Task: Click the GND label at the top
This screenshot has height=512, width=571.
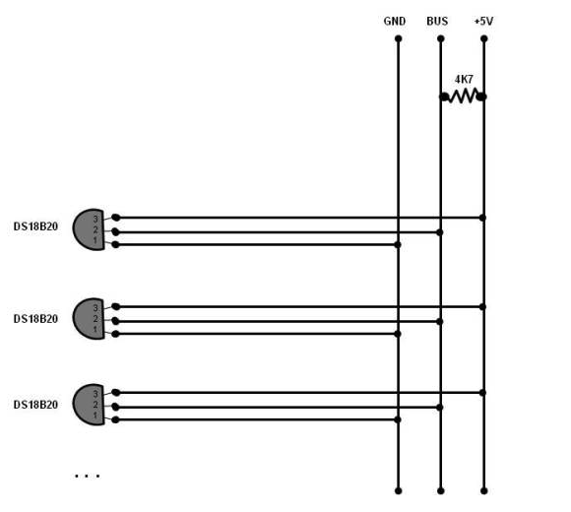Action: [x=395, y=21]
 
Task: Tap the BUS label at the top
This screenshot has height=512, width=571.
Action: [x=437, y=21]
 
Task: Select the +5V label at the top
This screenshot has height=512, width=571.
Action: [x=483, y=21]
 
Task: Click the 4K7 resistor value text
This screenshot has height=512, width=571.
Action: [x=464, y=79]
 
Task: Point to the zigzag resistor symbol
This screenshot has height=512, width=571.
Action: [x=464, y=96]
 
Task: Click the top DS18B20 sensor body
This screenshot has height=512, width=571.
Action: [x=89, y=229]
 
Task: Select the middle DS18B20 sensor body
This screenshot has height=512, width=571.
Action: [x=89, y=319]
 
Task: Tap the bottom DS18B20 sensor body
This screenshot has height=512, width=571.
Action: [x=89, y=405]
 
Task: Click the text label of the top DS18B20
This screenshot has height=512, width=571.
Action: [x=35, y=226]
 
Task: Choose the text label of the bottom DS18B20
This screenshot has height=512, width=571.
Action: [x=35, y=405]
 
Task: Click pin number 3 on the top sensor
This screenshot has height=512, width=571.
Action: [x=95, y=219]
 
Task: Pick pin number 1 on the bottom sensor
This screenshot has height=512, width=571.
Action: [x=95, y=416]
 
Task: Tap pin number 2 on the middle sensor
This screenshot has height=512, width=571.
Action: [x=95, y=319]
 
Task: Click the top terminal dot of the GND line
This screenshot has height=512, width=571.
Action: [x=398, y=38]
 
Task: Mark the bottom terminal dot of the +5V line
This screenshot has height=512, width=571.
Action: [x=484, y=491]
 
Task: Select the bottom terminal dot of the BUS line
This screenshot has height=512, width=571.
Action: [x=441, y=491]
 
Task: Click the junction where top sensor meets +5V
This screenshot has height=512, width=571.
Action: [x=482, y=218]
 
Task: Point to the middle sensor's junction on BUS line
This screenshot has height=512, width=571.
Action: [x=440, y=322]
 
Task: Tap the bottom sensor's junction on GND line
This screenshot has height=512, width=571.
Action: [x=398, y=419]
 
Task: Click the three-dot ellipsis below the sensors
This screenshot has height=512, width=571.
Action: [x=87, y=476]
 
